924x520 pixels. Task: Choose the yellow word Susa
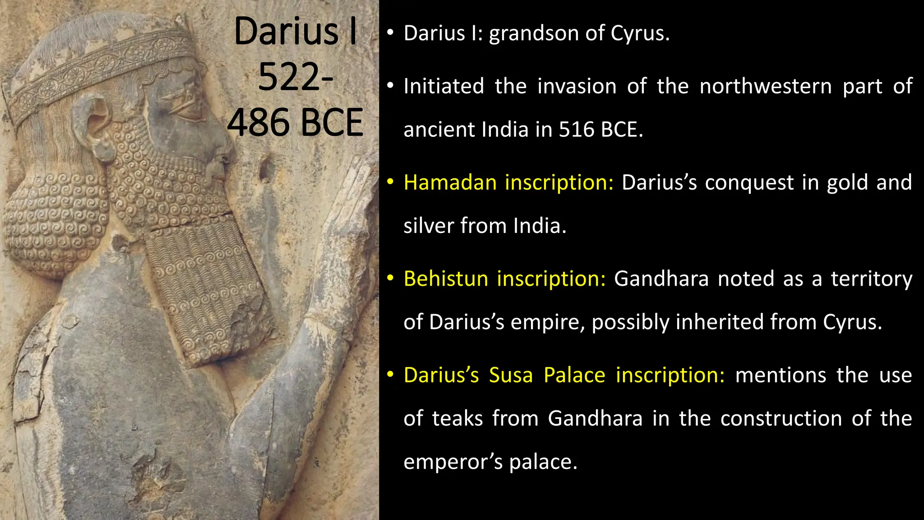[x=511, y=375]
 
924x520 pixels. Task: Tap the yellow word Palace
[x=574, y=375]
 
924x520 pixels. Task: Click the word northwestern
[x=766, y=86]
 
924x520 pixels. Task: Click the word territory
[x=872, y=279]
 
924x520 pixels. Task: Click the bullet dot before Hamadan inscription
[x=390, y=182]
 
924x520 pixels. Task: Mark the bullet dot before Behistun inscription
[x=390, y=278]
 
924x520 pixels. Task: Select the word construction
[x=781, y=418]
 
